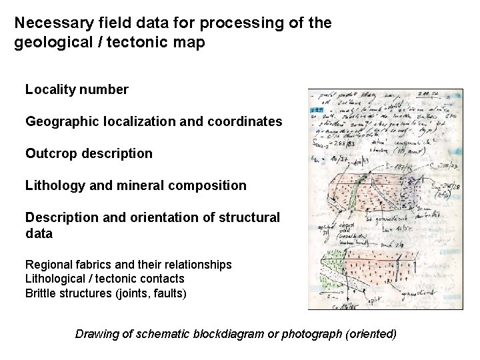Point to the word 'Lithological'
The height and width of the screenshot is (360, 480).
[x=54, y=278]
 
